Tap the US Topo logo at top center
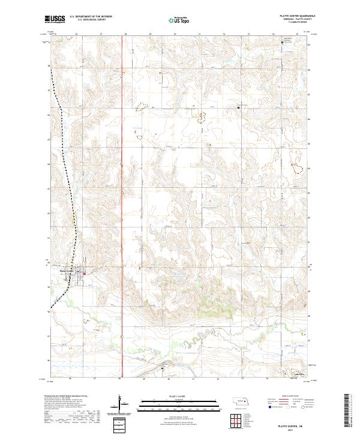point(180,20)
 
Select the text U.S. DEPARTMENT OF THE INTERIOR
point(91,17)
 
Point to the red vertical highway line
point(122,180)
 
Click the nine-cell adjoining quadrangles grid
point(232,420)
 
